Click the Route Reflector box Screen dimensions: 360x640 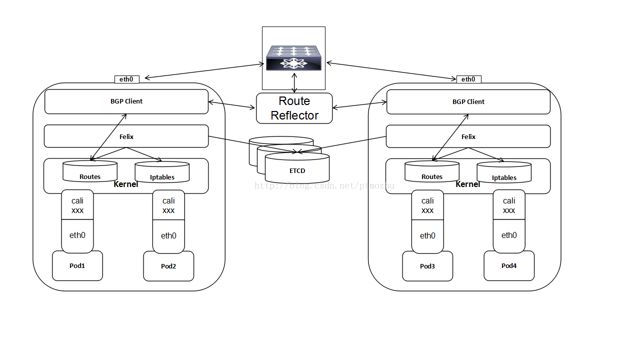(294, 108)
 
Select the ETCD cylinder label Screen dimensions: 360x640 (297, 170)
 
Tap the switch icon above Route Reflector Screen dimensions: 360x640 (293, 58)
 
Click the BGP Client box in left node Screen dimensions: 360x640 (126, 101)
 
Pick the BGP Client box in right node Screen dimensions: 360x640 (468, 102)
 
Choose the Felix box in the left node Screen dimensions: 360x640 (126, 136)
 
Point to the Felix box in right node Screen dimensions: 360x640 (468, 136)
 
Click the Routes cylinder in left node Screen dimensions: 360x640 (90, 172)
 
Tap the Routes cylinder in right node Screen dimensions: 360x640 (432, 172)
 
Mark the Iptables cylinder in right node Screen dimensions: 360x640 (504, 173)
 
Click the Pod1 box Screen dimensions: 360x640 (77, 265)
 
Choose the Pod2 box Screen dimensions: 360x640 (168, 266)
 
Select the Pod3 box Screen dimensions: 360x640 (427, 266)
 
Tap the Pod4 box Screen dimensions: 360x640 (509, 265)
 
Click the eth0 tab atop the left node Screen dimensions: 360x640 (126, 79)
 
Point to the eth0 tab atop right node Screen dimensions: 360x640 (468, 79)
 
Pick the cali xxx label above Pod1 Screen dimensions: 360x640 (77, 205)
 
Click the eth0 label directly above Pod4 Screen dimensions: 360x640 (509, 235)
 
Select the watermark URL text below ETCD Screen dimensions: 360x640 (324, 186)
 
